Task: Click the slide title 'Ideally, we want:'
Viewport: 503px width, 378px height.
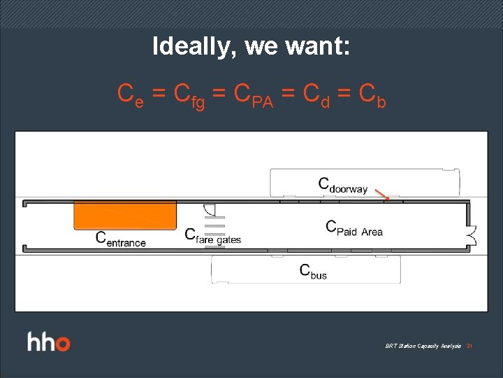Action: pyautogui.click(x=251, y=46)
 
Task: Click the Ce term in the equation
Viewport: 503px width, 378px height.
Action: pyautogui.click(x=131, y=94)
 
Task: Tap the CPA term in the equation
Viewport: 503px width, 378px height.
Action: pyautogui.click(x=253, y=94)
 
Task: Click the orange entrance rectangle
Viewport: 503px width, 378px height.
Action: pyautogui.click(x=125, y=216)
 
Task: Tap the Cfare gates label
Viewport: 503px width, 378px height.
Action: pyautogui.click(x=212, y=236)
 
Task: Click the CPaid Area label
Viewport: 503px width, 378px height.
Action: pyautogui.click(x=354, y=228)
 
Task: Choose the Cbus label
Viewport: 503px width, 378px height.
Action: pyautogui.click(x=313, y=272)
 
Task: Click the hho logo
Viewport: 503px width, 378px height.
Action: pyautogui.click(x=49, y=343)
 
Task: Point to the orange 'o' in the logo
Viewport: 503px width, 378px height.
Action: pyautogui.click(x=63, y=344)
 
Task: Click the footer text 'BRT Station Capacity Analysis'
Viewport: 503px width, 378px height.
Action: pyautogui.click(x=423, y=346)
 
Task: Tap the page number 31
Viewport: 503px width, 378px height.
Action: pyautogui.click(x=469, y=346)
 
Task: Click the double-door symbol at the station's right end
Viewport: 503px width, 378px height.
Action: pyautogui.click(x=472, y=235)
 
